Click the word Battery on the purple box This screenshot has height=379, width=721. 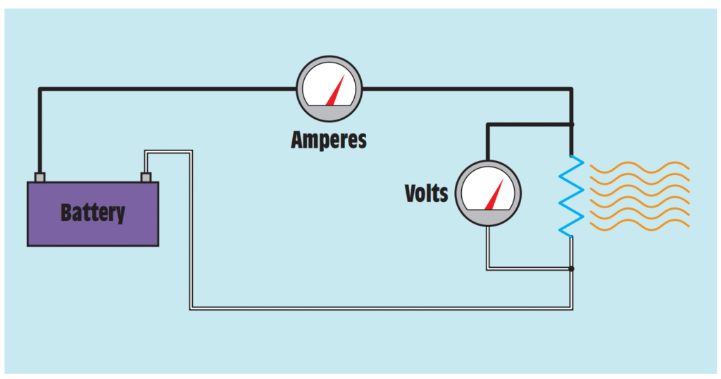92,212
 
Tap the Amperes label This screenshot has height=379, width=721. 329,140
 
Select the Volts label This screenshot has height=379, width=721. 426,193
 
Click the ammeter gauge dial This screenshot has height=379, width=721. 329,89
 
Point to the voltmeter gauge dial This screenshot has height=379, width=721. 488,193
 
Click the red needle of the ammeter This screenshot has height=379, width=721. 336,90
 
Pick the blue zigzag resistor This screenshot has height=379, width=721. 571,196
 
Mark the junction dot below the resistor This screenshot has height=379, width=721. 571,269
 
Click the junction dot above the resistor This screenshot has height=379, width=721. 571,125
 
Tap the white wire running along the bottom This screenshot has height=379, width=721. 380,308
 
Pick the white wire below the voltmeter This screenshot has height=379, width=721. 528,269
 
